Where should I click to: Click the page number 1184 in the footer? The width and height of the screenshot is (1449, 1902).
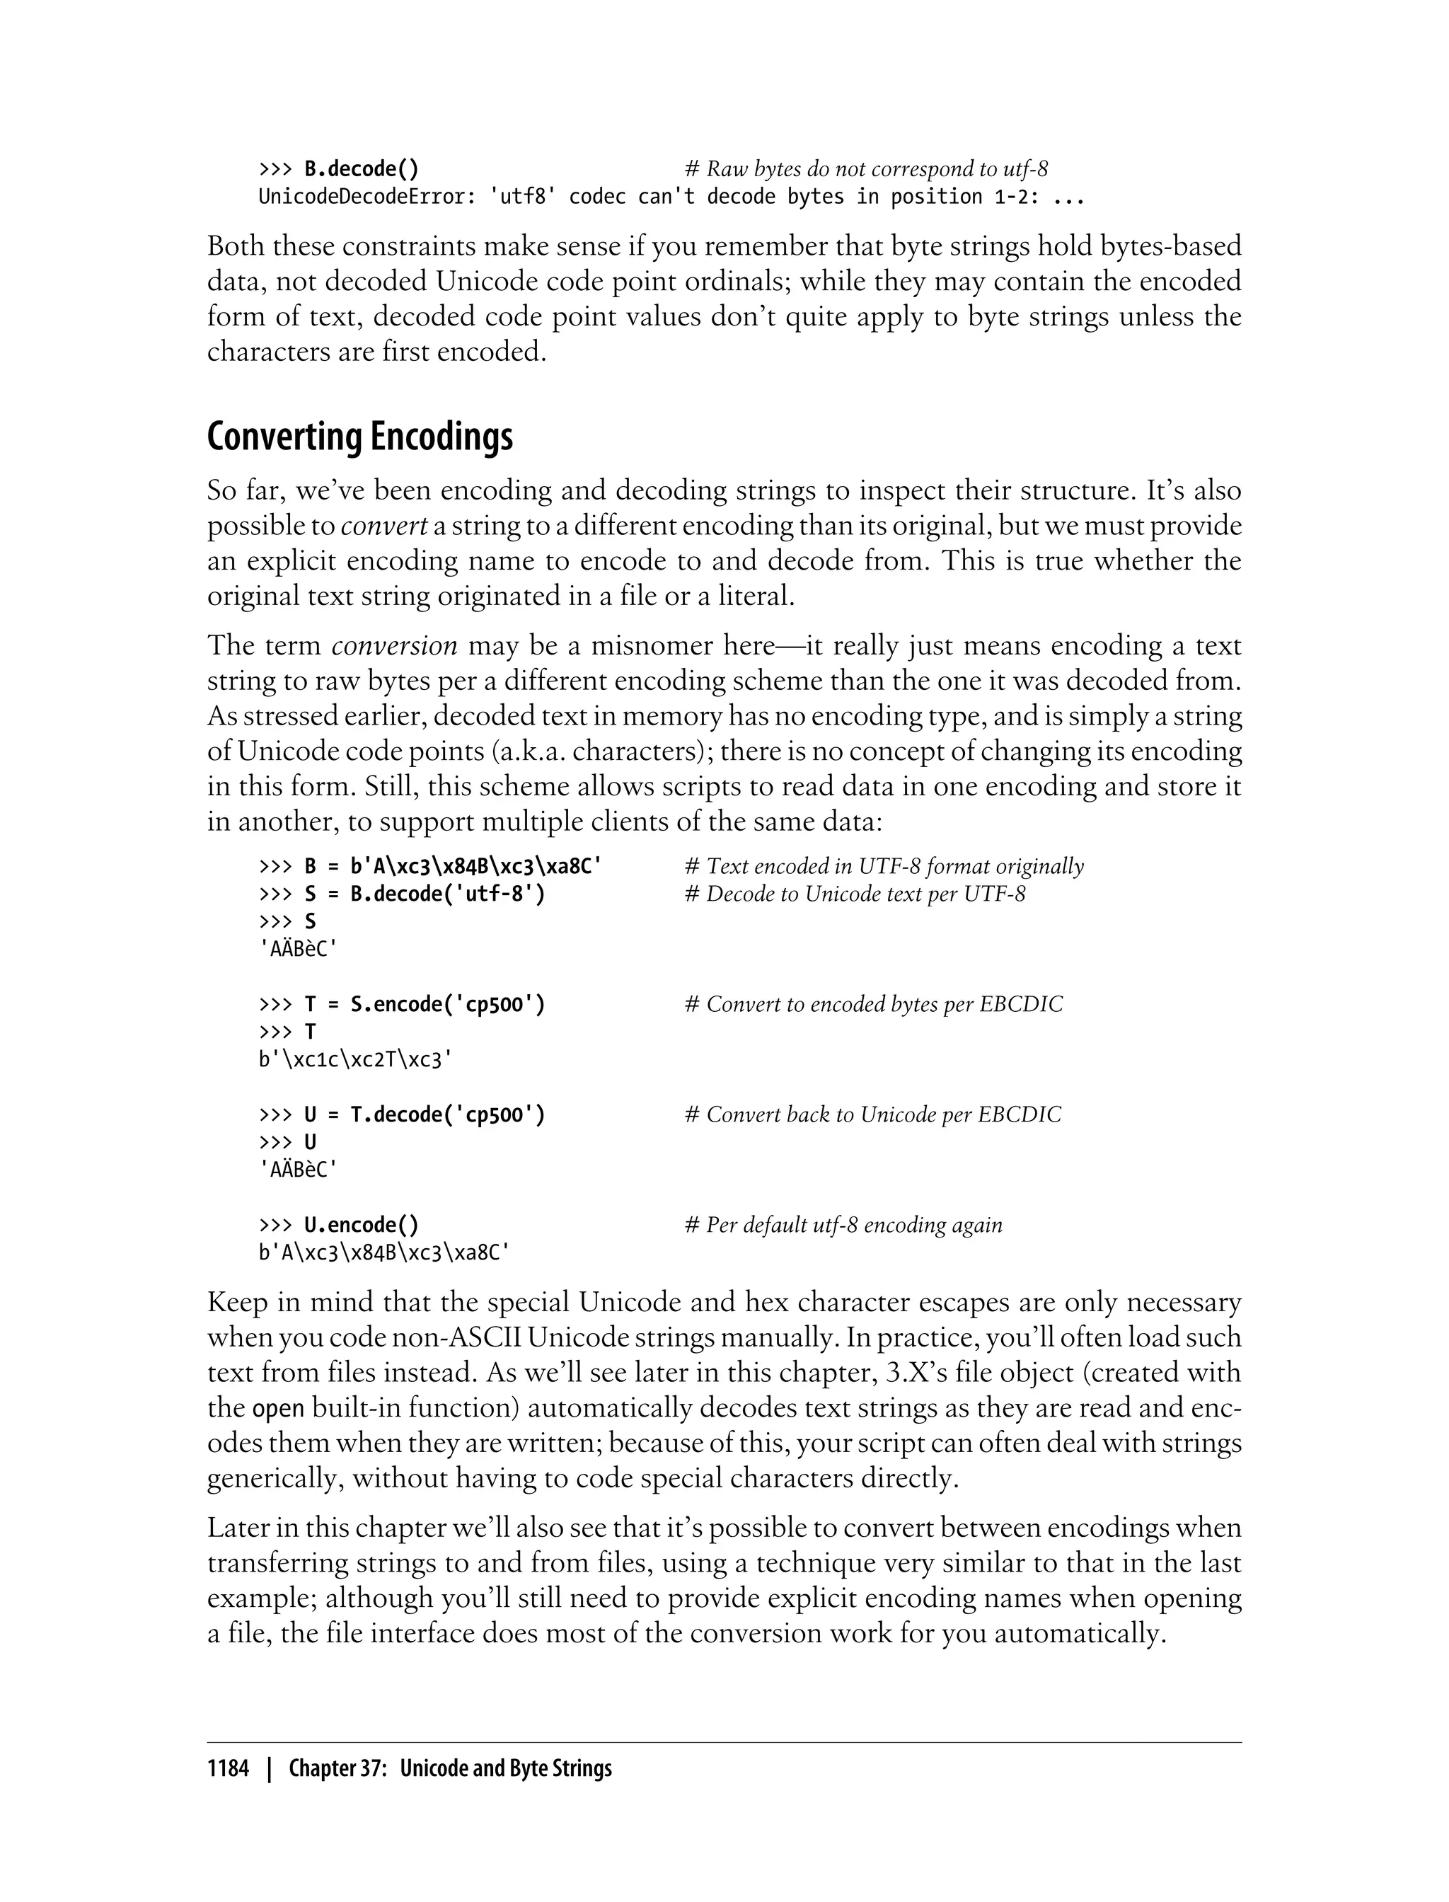[x=228, y=1768]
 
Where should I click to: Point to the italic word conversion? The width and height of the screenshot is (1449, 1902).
[x=394, y=645]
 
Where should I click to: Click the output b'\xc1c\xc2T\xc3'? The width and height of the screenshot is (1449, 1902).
[x=355, y=1059]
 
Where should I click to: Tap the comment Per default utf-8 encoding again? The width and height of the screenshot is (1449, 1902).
[x=843, y=1225]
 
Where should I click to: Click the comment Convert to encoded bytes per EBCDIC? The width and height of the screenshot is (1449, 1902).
[x=874, y=1004]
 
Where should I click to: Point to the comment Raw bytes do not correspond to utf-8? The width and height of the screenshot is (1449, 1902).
[x=866, y=169]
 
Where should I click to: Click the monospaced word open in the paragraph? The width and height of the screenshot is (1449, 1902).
[x=278, y=1409]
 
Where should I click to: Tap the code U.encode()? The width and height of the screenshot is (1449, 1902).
[x=362, y=1225]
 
